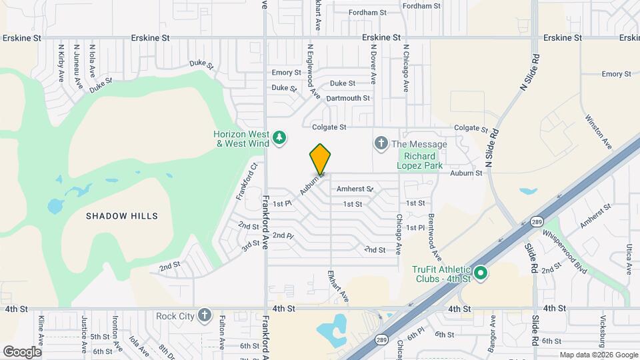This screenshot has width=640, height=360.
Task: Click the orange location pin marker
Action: pyautogui.click(x=320, y=159)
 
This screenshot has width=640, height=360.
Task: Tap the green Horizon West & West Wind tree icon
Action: pyautogui.click(x=281, y=138)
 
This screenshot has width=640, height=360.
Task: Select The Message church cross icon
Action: pyautogui.click(x=381, y=143)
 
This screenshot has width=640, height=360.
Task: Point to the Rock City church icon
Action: pyautogui.click(x=204, y=315)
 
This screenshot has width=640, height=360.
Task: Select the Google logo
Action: pyautogui.click(x=22, y=351)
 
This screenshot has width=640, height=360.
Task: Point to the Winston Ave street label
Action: pyautogui.click(x=599, y=130)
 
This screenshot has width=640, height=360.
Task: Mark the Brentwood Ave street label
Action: pyautogui.click(x=435, y=237)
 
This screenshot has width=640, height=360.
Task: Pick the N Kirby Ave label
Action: pyautogui.click(x=61, y=63)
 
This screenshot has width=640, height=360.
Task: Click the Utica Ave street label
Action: pyautogui.click(x=628, y=259)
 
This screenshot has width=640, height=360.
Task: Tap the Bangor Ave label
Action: pyautogui.click(x=493, y=331)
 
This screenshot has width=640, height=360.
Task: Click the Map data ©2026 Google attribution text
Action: pyautogui.click(x=598, y=355)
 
